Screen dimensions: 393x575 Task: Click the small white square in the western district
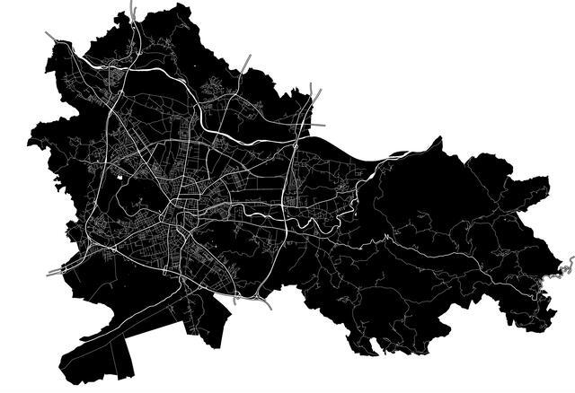(x=119, y=175)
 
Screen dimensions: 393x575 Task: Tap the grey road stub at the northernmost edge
(x=133, y=11)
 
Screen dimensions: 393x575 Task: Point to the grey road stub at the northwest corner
(x=51, y=37)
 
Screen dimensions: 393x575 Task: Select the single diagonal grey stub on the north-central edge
(x=247, y=62)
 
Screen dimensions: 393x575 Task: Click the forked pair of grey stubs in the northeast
(x=314, y=92)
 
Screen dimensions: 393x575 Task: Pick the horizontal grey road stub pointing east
(x=318, y=126)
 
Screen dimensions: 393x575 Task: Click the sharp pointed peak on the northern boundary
(x=438, y=139)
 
